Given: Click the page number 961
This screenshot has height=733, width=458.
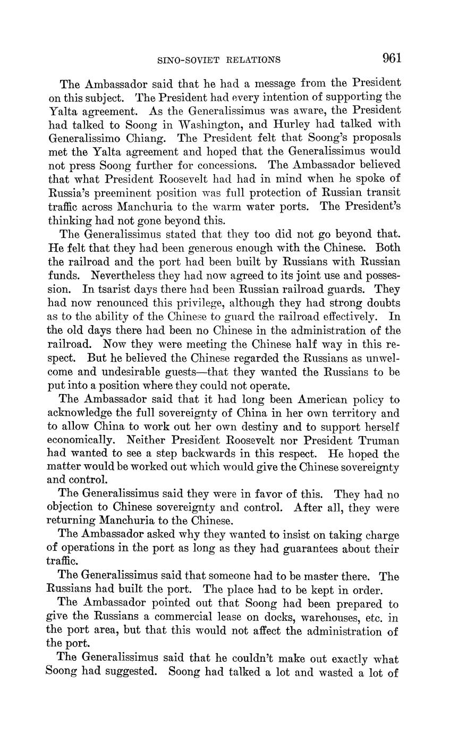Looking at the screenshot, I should point(391,58).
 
